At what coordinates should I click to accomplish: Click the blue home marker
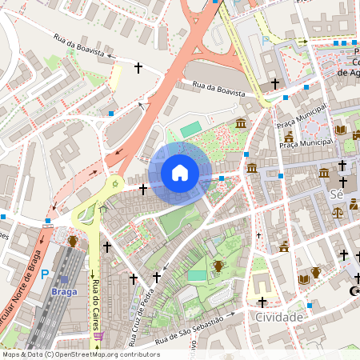click(180, 173)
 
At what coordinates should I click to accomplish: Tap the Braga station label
click(64, 292)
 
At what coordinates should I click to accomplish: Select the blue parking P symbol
click(45, 274)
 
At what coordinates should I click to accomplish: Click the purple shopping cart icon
click(98, 337)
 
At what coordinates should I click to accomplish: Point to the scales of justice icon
click(338, 214)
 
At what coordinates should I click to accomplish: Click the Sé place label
click(337, 195)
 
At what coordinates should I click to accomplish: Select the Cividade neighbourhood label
click(278, 318)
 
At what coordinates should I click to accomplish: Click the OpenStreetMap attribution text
click(80, 354)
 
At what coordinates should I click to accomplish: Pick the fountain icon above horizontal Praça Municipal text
click(289, 138)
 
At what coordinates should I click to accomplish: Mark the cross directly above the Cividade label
click(262, 302)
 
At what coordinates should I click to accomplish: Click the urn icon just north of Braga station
click(73, 239)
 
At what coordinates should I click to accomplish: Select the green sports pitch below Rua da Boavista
click(191, 129)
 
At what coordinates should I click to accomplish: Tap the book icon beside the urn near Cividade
click(303, 279)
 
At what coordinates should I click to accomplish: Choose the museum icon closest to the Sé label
click(324, 173)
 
